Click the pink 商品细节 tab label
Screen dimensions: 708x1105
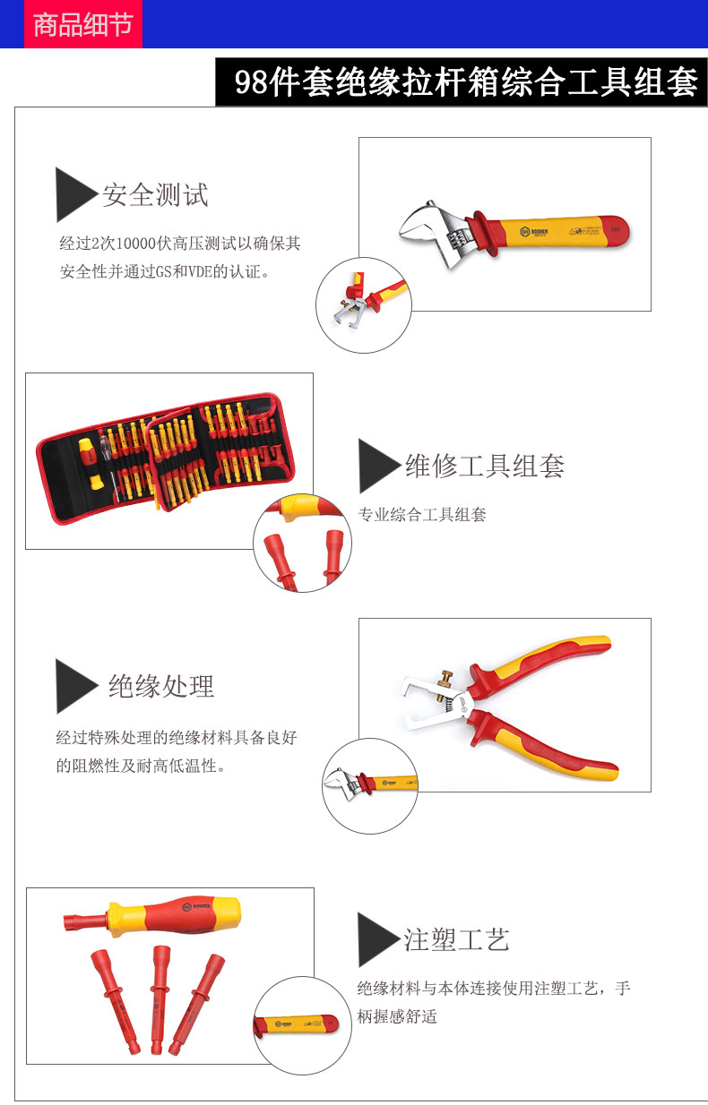pos(83,24)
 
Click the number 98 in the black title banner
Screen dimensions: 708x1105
pos(251,81)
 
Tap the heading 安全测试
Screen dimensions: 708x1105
pos(156,194)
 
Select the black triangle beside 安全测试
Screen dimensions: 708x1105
pos(76,194)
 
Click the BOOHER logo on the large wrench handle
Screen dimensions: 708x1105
pos(534,231)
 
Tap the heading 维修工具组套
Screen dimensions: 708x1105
pos(485,466)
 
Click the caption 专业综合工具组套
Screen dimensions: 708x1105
pos(422,515)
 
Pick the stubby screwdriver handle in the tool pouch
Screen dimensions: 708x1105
pos(90,463)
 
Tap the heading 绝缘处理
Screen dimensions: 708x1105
pos(161,686)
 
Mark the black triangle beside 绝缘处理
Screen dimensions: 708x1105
pos(76,686)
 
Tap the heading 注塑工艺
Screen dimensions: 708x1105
pos(456,939)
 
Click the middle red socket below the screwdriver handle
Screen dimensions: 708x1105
pos(159,999)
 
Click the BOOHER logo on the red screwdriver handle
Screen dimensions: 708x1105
pos(196,906)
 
